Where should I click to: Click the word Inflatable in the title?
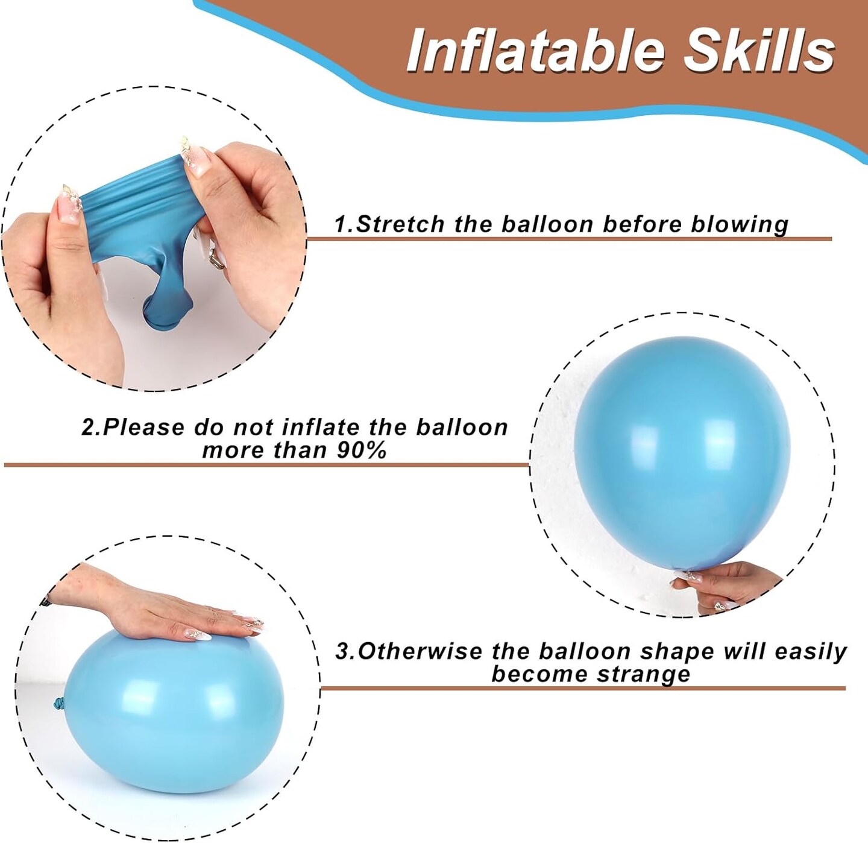[536, 50]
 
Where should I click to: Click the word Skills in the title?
[758, 50]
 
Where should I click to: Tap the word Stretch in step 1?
[401, 224]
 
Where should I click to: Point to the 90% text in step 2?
[362, 450]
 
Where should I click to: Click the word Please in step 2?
[143, 428]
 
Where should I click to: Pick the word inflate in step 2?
[321, 428]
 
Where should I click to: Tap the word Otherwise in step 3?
[420, 652]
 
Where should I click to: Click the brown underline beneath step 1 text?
[570, 239]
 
